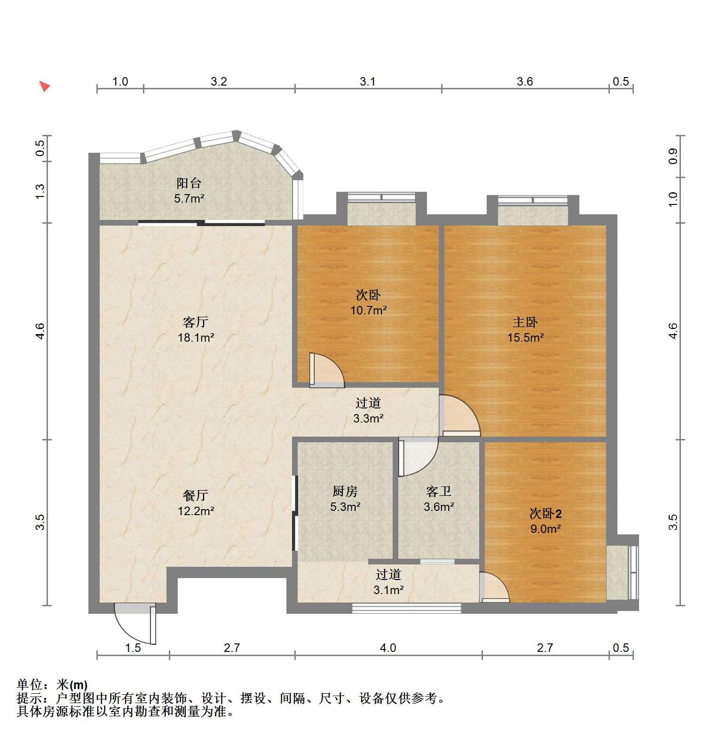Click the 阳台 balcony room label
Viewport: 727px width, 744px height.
pos(189,183)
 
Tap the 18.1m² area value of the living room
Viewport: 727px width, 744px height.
pos(196,337)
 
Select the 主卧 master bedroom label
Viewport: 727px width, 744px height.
pos(525,322)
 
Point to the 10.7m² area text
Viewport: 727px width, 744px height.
pos(368,310)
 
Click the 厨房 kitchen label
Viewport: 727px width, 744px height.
pos(345,491)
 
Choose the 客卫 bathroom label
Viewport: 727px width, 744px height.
pos(439,491)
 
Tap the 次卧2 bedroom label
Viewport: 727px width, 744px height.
pos(545,513)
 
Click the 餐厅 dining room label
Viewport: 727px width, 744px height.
pos(196,495)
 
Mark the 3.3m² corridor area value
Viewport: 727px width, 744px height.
pos(368,418)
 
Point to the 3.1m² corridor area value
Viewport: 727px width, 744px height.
pos(388,589)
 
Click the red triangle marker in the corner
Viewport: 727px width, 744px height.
pos(44,86)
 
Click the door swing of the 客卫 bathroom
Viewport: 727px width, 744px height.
pos(418,456)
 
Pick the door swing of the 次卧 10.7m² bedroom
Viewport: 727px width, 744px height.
pos(327,370)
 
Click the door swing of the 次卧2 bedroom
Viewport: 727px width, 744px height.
pos(494,587)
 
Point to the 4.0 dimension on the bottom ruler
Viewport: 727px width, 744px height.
pos(388,648)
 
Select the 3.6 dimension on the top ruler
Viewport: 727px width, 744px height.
pos(525,82)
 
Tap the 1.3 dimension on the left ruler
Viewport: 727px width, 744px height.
pos(40,191)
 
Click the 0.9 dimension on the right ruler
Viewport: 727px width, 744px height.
pos(673,156)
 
